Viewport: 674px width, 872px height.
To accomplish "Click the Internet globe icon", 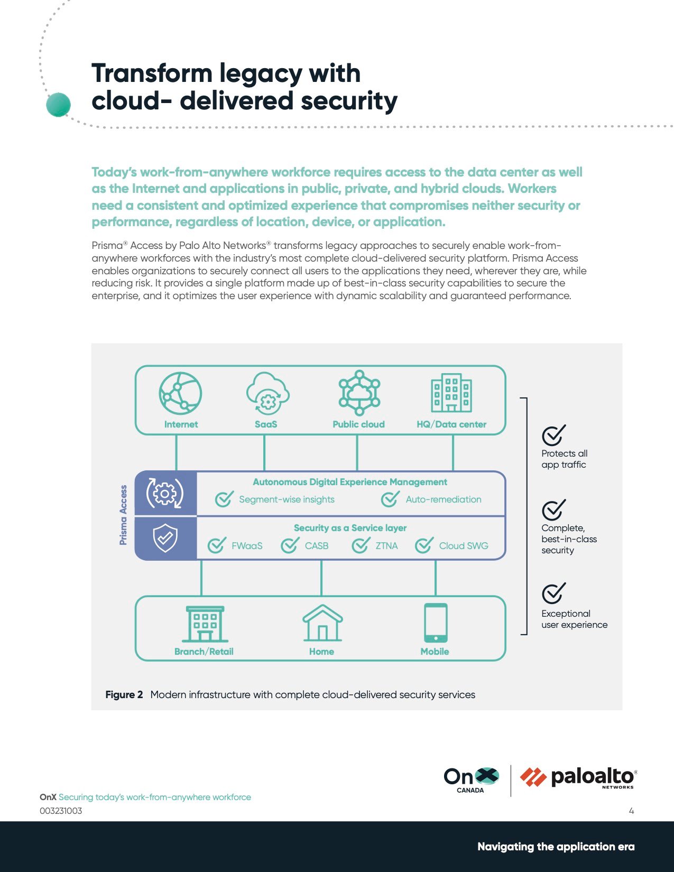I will [x=180, y=393].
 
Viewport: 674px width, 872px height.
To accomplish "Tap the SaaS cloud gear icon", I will [x=267, y=393].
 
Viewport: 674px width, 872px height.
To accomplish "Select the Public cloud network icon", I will [x=359, y=393].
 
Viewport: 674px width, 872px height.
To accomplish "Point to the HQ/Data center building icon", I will [x=451, y=393].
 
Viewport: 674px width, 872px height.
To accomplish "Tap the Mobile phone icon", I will [x=436, y=623].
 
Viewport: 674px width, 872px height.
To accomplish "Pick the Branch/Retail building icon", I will [x=205, y=624].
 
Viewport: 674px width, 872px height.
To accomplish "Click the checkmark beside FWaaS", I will [x=217, y=545].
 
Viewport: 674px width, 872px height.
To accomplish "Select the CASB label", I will [x=317, y=546].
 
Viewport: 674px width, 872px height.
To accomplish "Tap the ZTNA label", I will [x=386, y=546].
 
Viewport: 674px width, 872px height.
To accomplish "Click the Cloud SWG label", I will [x=464, y=546].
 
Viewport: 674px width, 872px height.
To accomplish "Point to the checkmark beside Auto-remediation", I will [x=390, y=499].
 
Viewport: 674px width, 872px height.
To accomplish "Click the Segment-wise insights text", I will [x=287, y=499].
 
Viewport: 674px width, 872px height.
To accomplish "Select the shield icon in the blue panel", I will [x=165, y=538].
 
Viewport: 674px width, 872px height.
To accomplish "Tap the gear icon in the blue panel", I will [x=165, y=494].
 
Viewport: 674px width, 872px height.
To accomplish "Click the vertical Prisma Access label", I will [x=123, y=515].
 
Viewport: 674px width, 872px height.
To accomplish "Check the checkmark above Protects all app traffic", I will [x=553, y=435].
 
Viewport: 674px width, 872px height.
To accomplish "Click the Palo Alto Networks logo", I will [x=578, y=778].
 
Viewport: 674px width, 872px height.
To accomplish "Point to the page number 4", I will [x=631, y=811].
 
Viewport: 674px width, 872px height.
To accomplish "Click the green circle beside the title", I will [x=58, y=104].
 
